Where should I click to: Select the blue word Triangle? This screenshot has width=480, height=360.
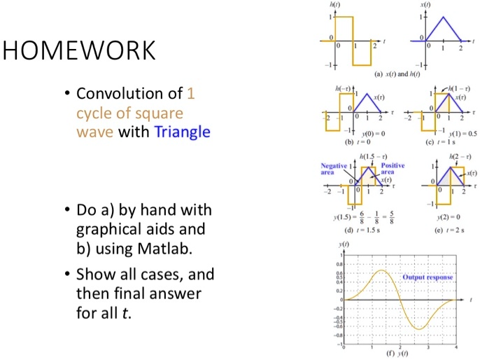click(x=182, y=131)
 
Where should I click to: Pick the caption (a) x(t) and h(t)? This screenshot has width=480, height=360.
click(x=397, y=74)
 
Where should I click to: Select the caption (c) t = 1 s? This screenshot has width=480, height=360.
click(x=445, y=140)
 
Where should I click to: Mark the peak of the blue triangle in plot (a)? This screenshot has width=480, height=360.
click(x=443, y=16)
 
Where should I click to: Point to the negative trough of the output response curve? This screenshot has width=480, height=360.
click(x=421, y=328)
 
